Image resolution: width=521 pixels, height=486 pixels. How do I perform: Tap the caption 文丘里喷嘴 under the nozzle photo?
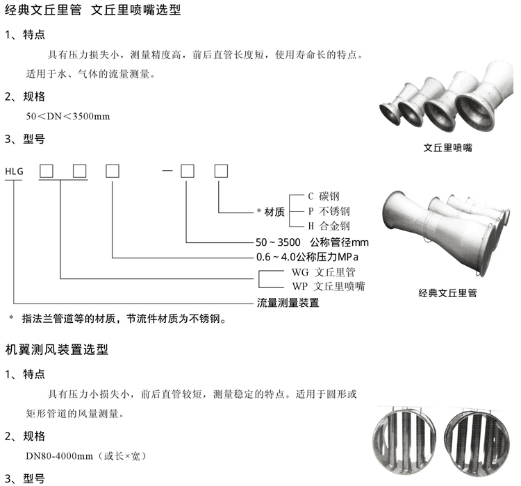click(x=448, y=147)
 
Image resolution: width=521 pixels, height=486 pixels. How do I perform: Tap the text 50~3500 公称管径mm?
click(x=311, y=242)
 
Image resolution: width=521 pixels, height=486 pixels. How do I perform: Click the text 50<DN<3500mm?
click(x=68, y=116)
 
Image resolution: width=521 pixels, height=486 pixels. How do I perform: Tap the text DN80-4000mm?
click(x=57, y=456)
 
